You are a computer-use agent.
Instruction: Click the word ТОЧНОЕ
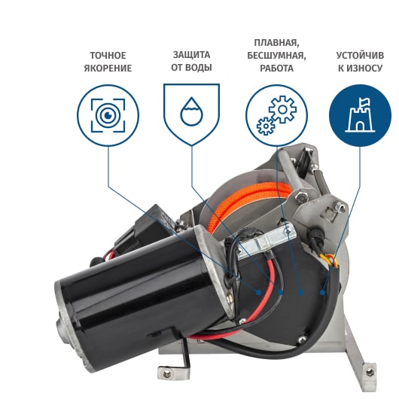108,56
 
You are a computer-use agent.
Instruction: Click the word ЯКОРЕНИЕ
108,69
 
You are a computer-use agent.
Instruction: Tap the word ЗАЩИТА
191,55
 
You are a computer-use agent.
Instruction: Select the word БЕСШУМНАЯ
276,56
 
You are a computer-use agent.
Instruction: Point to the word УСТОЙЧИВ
360,56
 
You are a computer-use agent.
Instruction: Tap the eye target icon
108,115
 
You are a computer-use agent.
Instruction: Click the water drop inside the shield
192,111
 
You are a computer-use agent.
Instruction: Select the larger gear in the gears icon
282,109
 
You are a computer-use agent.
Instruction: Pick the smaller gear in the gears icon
266,126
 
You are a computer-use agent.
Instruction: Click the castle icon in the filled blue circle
360,115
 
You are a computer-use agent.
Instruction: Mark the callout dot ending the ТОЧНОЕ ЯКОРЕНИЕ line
258,292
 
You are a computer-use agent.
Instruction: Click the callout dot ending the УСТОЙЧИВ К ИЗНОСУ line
322,292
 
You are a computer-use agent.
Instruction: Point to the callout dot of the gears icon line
301,292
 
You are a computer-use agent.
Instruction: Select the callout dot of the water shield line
280,292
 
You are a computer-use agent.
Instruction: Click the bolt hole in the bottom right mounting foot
370,373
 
